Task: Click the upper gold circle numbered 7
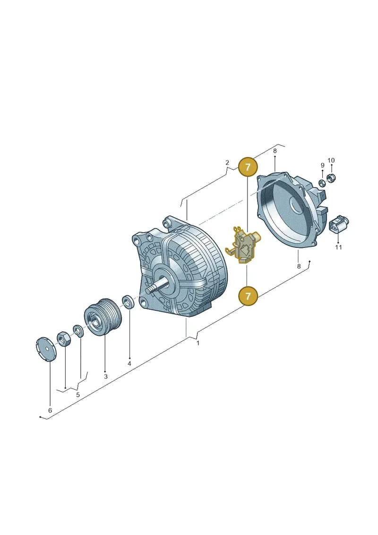(248, 167)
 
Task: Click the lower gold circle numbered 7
(248, 295)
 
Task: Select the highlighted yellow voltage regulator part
(243, 244)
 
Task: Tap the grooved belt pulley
(102, 317)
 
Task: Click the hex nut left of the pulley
(63, 339)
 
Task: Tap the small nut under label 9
(321, 183)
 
